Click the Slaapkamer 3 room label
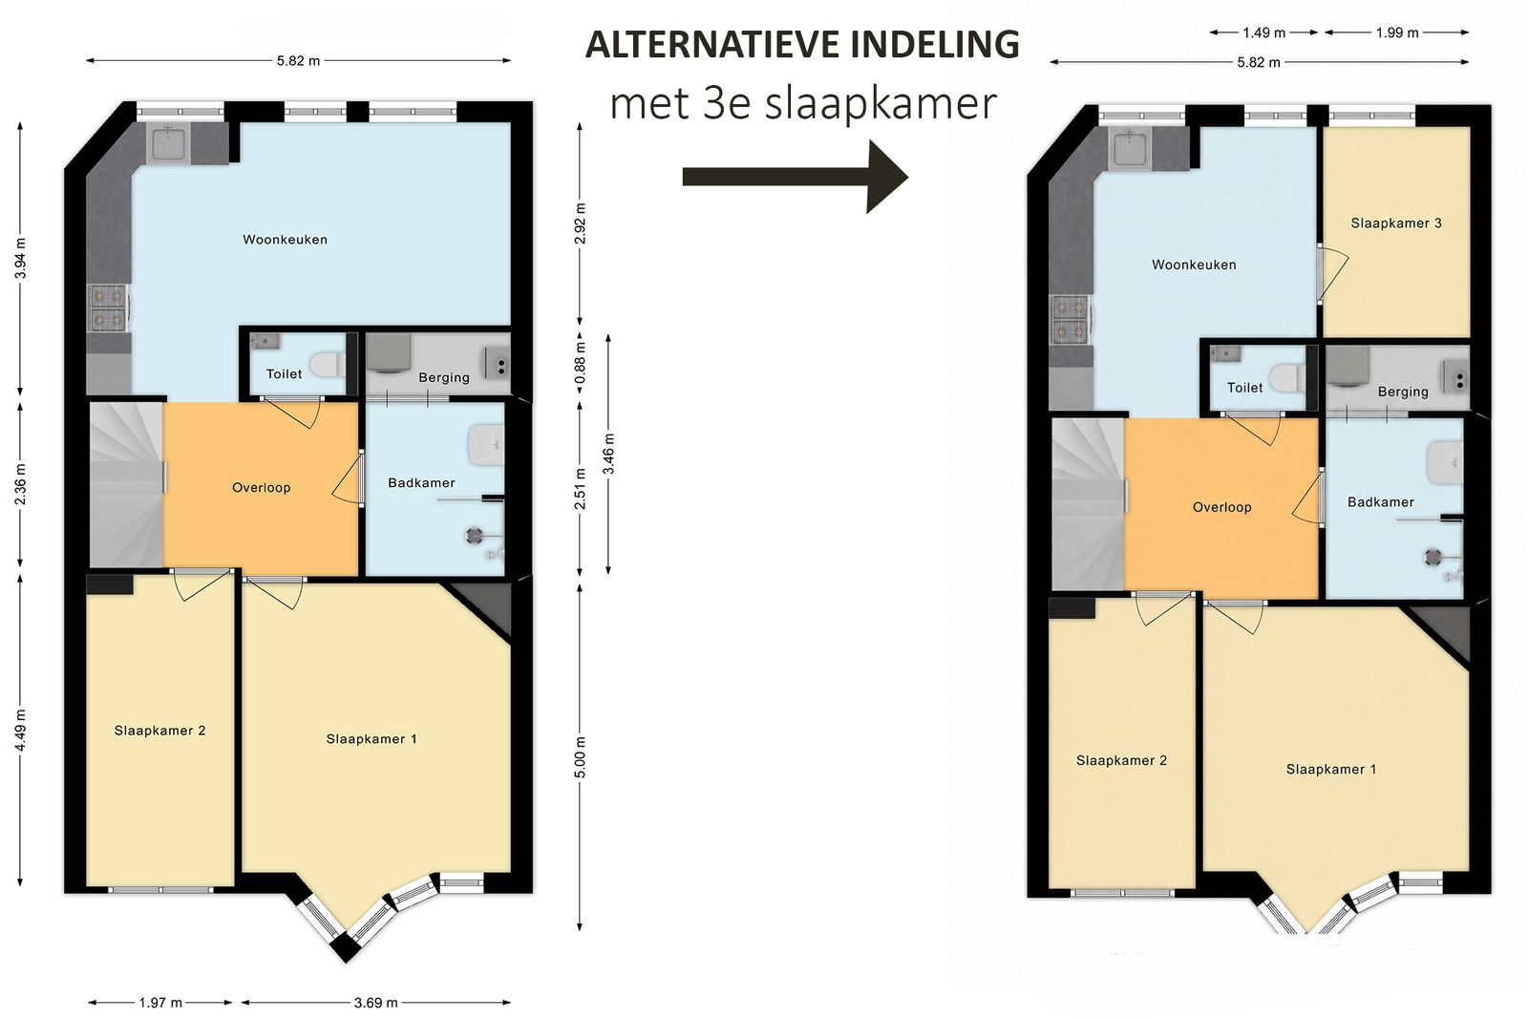1395,223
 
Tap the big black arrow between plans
796,177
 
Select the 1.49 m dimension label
1264,32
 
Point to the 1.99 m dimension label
1397,32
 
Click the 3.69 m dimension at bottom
375,1003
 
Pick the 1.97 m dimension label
160,1003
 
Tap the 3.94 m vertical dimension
20,259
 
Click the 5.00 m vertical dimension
580,757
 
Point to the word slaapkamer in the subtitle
881,104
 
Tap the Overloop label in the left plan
262,488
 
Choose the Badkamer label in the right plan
1381,502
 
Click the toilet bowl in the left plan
329,365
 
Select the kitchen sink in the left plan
168,143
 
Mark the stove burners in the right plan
1070,319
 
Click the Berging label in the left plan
444,377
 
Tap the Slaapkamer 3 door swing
1333,274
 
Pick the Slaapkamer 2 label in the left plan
159,731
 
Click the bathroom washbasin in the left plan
486,445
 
